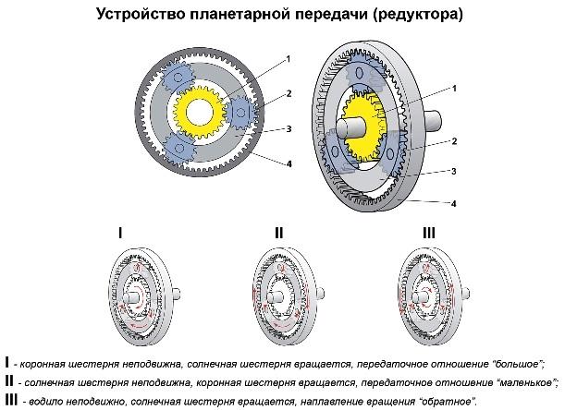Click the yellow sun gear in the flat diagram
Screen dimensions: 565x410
point(199,113)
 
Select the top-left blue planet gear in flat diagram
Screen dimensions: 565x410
point(177,77)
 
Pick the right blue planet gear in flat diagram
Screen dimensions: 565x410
point(240,113)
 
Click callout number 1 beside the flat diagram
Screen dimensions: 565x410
point(288,59)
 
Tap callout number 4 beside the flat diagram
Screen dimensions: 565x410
point(289,163)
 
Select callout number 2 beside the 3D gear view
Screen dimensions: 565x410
point(454,141)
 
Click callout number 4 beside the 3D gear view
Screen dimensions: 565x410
point(454,204)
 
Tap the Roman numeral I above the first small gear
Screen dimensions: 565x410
point(120,234)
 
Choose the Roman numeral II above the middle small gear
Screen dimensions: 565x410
point(279,234)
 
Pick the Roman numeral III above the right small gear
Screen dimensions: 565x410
point(429,234)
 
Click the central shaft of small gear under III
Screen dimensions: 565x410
point(420,297)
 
